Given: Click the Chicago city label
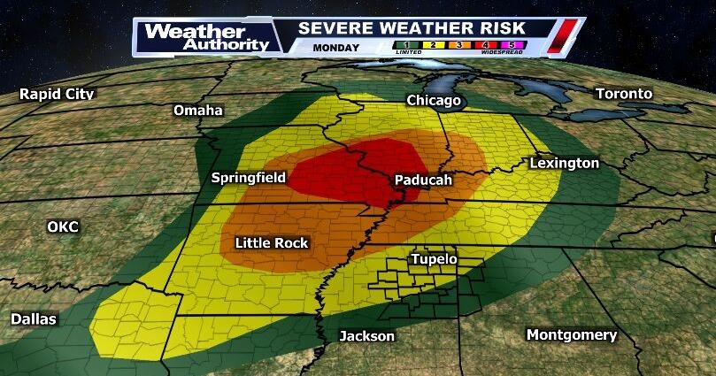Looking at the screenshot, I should click(x=434, y=101).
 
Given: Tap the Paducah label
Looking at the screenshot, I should click(x=423, y=180).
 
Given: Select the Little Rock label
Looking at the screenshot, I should click(x=272, y=242).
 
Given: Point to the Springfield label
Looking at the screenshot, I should click(x=248, y=178).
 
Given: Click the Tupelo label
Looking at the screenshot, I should click(x=433, y=259).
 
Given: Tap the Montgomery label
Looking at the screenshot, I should click(x=571, y=335).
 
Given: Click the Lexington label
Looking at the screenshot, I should click(x=564, y=164).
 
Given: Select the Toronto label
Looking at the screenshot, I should click(x=623, y=94).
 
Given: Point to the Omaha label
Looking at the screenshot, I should click(x=198, y=111).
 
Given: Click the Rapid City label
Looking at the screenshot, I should click(x=57, y=94).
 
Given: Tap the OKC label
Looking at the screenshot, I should click(x=63, y=227).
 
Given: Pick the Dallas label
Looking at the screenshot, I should click(x=34, y=318).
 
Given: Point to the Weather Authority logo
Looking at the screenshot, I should click(x=206, y=37).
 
